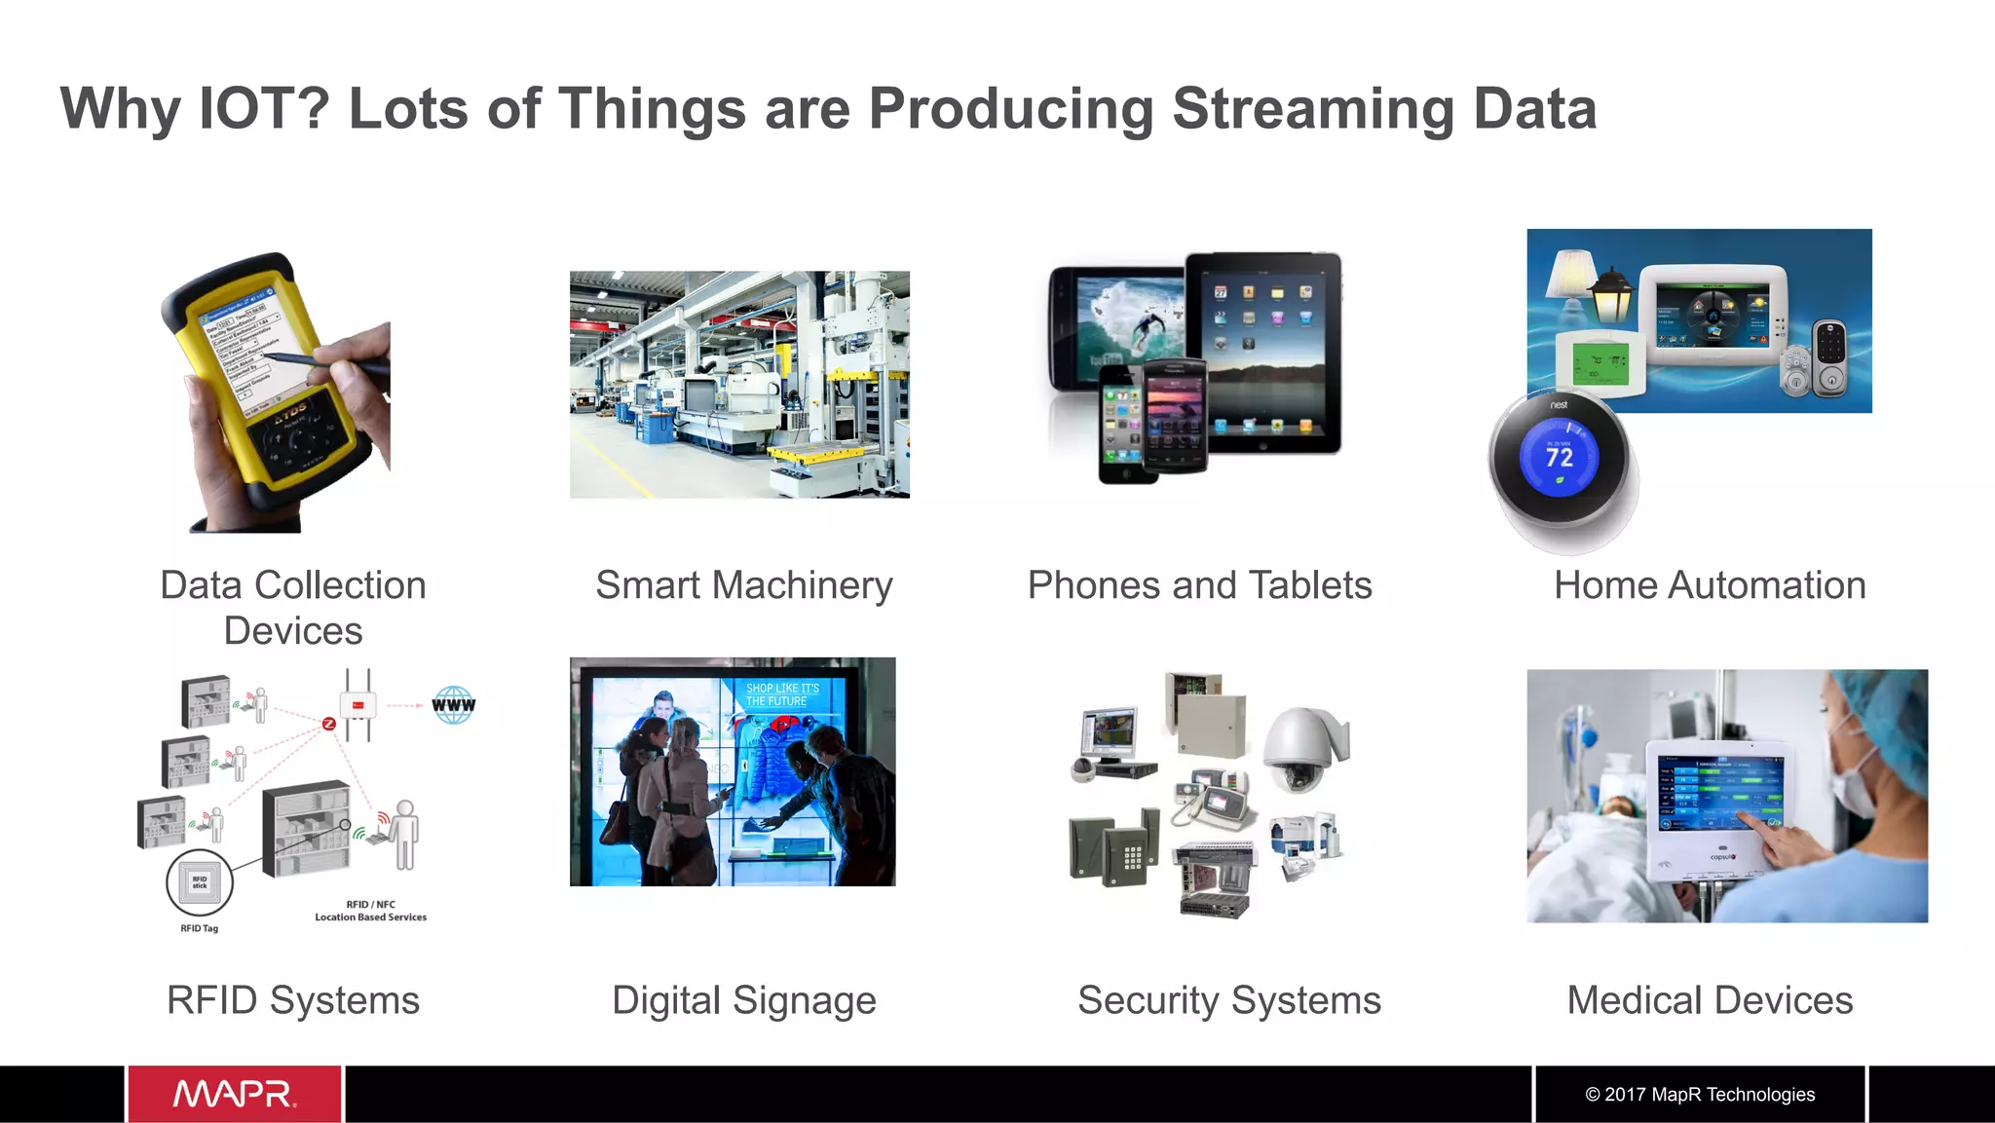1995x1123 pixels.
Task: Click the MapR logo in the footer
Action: (x=234, y=1094)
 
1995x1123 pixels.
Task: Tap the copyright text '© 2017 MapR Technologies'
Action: (x=1700, y=1094)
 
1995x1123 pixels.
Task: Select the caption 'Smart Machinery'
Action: (x=744, y=585)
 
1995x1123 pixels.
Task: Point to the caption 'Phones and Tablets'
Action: (x=1199, y=585)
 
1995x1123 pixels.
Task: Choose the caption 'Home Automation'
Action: (x=1710, y=585)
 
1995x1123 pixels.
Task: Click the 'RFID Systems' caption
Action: (x=293, y=1000)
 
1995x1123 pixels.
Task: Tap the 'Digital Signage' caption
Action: (x=744, y=1000)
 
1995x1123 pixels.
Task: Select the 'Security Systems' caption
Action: (x=1229, y=1000)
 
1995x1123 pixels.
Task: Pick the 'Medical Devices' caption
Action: (x=1710, y=1000)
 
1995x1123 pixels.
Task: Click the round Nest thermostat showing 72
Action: (x=1560, y=459)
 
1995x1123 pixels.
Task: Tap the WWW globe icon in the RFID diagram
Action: (x=454, y=704)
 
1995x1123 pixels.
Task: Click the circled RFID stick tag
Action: (x=200, y=882)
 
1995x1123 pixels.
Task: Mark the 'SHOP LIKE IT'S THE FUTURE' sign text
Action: (x=782, y=694)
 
